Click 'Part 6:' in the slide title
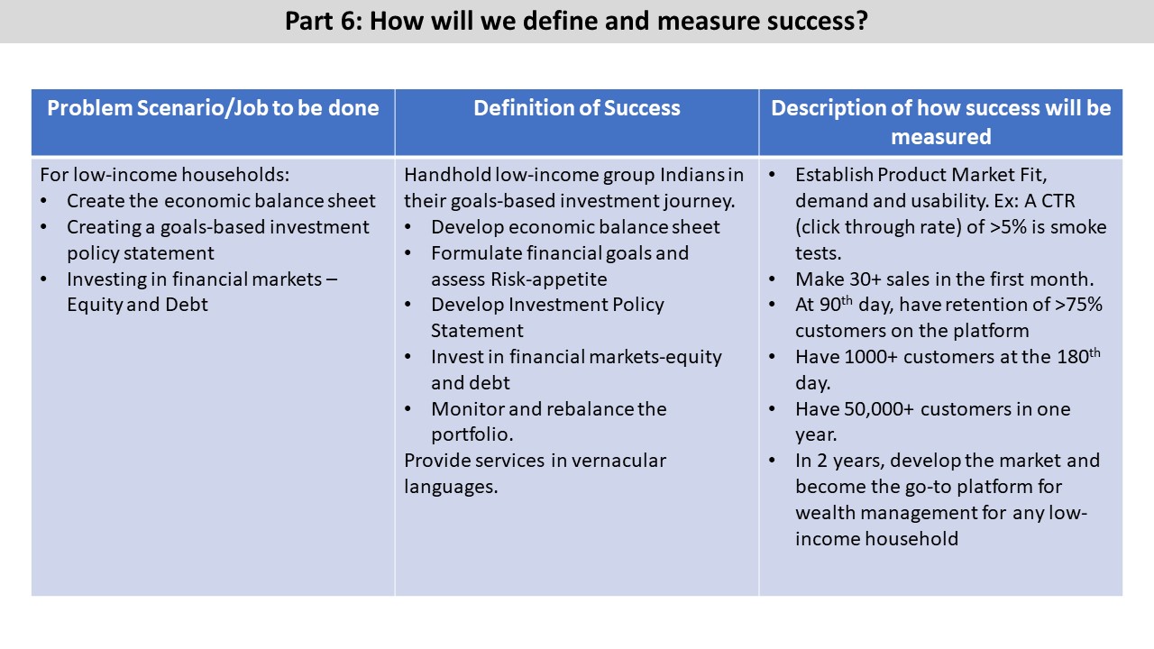(323, 21)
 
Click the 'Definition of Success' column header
(576, 108)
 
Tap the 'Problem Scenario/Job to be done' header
(213, 108)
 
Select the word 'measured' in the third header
(940, 137)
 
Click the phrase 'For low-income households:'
(164, 175)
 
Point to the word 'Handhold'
(447, 175)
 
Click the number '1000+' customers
(871, 357)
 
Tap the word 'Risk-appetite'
(549, 279)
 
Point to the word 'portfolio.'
(472, 434)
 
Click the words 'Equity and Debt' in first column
(137, 305)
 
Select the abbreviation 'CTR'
(1058, 201)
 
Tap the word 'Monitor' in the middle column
(467, 409)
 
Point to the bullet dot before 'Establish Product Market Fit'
(772, 175)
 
